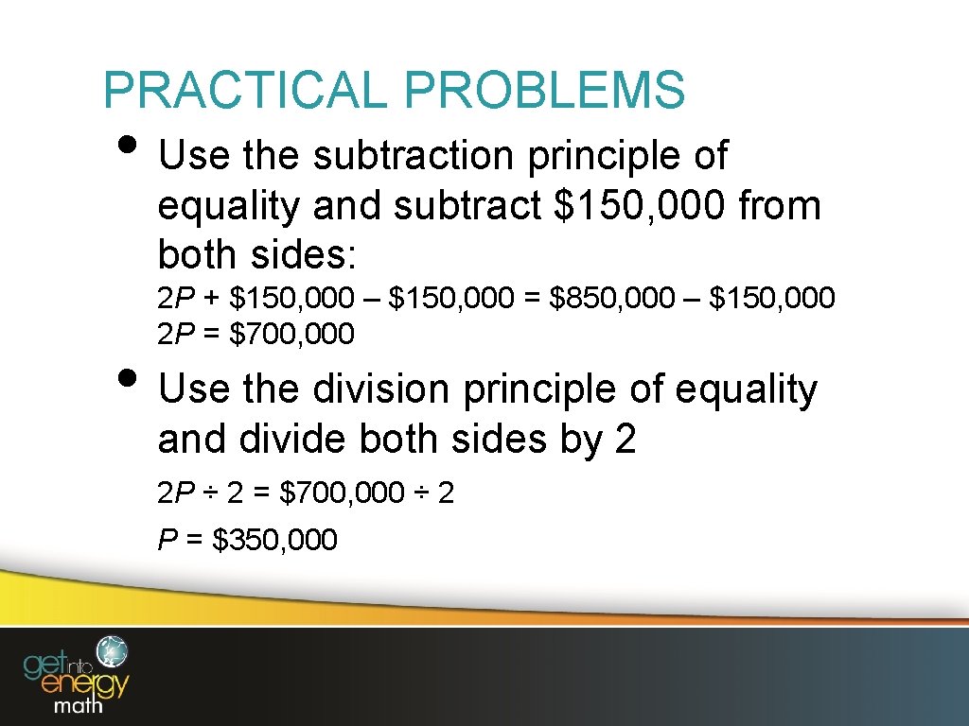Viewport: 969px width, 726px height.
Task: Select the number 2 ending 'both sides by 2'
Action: [625, 439]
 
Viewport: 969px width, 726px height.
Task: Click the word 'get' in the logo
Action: [46, 661]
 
